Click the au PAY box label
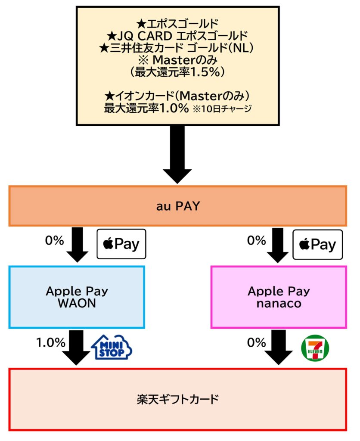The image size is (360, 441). point(178,206)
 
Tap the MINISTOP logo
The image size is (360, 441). point(112,347)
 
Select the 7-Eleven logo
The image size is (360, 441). point(314,347)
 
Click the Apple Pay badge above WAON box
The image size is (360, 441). point(121,244)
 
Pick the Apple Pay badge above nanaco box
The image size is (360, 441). point(318,244)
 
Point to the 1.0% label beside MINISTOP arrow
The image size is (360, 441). point(50,343)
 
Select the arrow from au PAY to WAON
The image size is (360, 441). point(78,244)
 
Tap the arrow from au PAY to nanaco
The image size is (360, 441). point(278,244)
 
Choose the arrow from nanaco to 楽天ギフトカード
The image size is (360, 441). point(278,347)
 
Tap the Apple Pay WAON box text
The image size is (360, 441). point(77,297)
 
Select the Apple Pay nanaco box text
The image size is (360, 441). point(278,297)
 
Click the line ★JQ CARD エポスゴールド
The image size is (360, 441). point(177,34)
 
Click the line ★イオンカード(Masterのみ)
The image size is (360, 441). point(177,95)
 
